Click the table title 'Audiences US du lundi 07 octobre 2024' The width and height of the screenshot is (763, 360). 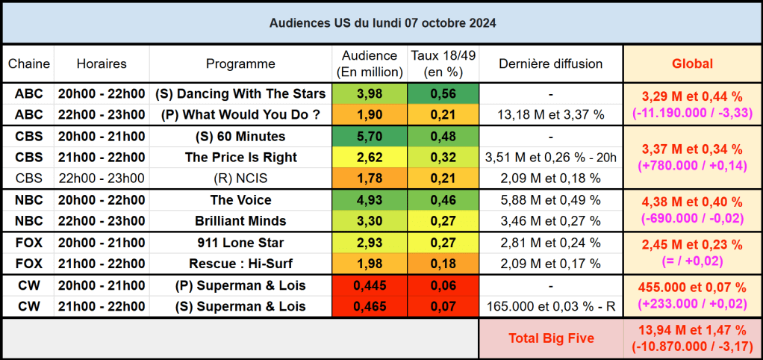tap(381, 22)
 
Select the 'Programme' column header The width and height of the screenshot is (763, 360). tap(240, 64)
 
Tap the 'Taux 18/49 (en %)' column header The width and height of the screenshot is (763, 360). tap(443, 64)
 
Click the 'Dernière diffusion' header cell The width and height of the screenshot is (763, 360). tap(550, 64)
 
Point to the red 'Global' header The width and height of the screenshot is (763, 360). tap(692, 64)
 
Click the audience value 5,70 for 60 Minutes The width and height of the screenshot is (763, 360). tap(370, 137)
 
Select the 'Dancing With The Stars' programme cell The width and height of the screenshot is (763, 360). tap(240, 93)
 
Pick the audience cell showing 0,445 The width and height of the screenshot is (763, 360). tap(370, 286)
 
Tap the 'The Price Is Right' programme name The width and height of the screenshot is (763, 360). tap(240, 158)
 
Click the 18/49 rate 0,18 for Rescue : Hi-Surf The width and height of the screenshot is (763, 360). tap(443, 264)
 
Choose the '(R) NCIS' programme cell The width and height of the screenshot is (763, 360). tap(240, 179)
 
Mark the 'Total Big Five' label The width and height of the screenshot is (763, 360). tap(551, 338)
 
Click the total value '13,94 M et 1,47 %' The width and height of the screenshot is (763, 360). tap(692, 330)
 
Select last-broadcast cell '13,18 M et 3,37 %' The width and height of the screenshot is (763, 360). tap(550, 115)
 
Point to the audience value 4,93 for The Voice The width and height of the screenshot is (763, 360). tap(370, 200)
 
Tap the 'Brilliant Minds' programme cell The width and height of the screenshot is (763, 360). tap(240, 221)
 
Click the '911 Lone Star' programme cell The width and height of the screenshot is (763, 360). tap(240, 243)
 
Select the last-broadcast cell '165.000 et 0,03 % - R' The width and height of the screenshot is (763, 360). tap(550, 307)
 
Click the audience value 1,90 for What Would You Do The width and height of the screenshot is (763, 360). tap(370, 115)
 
